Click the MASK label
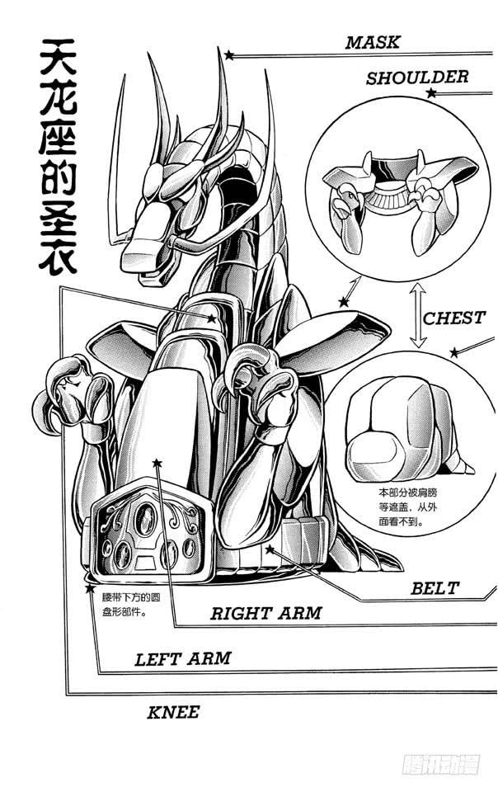[373, 42]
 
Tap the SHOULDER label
[417, 78]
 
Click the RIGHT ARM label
[265, 613]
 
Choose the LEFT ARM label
[182, 658]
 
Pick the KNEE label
[173, 711]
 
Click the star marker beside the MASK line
[229, 55]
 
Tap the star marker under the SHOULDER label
[430, 94]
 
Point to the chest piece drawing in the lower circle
[404, 437]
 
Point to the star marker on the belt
[270, 549]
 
